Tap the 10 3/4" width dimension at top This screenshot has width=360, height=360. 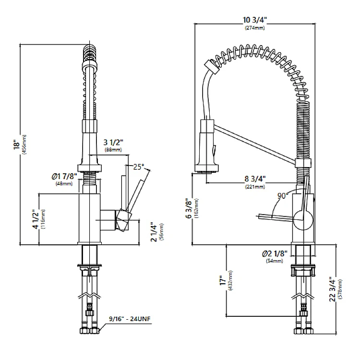255,20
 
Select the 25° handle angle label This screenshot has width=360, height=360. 138,167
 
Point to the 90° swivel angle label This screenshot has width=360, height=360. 283,195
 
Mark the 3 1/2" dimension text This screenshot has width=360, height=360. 114,143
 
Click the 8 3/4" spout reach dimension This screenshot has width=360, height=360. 254,180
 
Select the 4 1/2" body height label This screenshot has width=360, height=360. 35,219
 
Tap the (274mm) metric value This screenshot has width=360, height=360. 254,28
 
